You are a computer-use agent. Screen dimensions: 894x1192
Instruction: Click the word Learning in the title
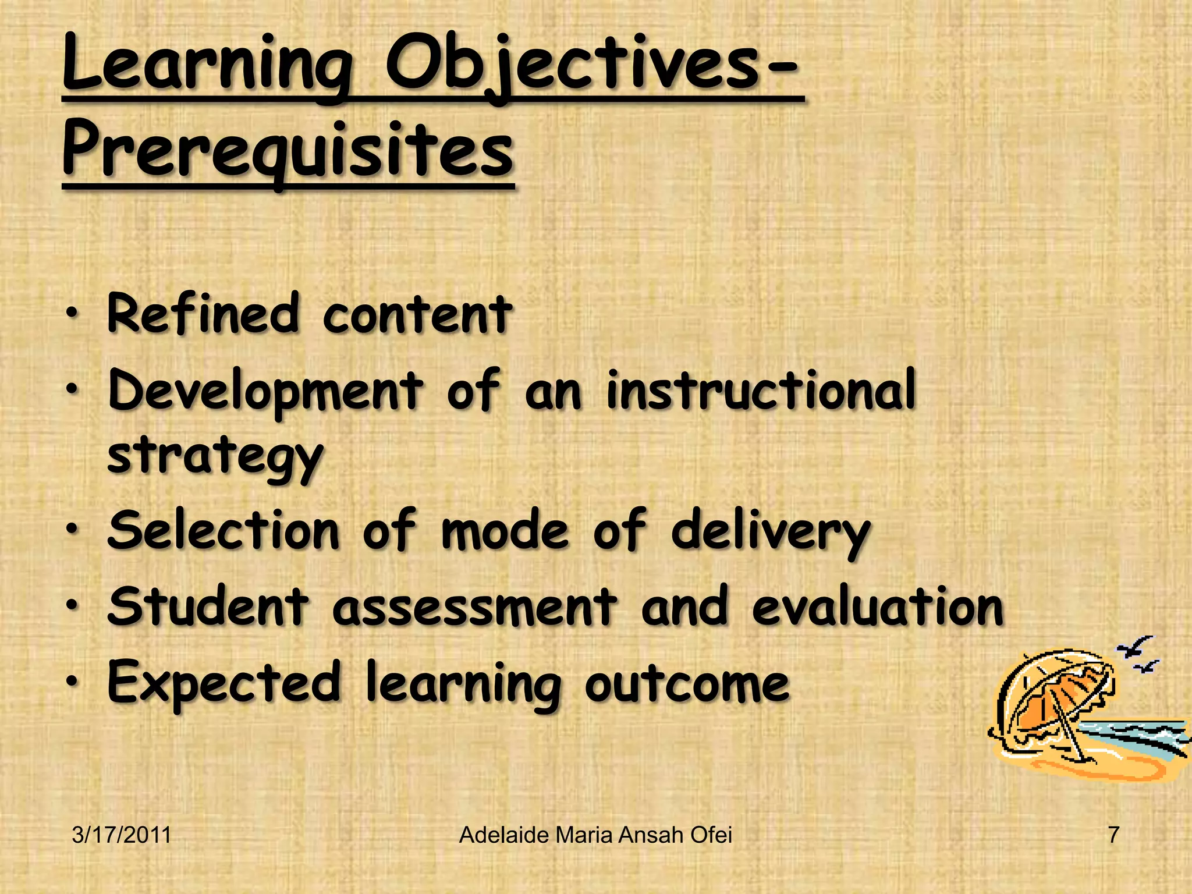click(x=207, y=67)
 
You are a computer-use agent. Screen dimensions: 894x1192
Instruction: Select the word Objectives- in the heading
click(x=594, y=67)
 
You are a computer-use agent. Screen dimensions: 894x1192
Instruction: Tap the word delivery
click(x=771, y=533)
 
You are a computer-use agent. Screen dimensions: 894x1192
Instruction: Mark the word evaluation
click(x=878, y=607)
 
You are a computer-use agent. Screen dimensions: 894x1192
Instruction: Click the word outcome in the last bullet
click(x=687, y=684)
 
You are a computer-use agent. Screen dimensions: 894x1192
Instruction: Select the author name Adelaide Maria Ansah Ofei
click(x=595, y=835)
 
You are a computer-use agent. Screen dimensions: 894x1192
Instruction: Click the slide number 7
click(x=1113, y=835)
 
